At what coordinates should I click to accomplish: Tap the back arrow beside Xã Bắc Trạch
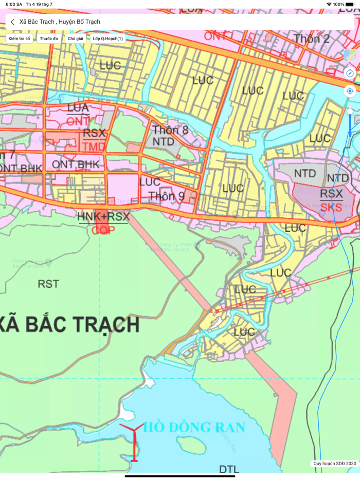12,22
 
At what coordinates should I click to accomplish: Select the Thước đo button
49,39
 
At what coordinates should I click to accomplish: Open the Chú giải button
75,39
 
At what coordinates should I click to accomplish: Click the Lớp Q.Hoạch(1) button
107,39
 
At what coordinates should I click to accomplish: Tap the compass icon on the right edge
350,73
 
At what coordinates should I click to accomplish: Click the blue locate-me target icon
350,91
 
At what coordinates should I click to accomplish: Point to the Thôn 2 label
312,39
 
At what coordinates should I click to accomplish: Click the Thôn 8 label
170,130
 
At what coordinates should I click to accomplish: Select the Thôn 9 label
166,196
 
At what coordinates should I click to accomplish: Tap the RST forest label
48,283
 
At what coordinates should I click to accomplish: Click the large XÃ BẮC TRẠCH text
69,325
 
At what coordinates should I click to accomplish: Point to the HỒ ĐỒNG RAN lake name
194,427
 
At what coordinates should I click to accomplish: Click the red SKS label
331,208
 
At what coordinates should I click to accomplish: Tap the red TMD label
94,147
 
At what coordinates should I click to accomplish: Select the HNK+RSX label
103,217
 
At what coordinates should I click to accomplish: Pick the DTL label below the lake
229,469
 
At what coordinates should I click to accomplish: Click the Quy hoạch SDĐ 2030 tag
334,464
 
